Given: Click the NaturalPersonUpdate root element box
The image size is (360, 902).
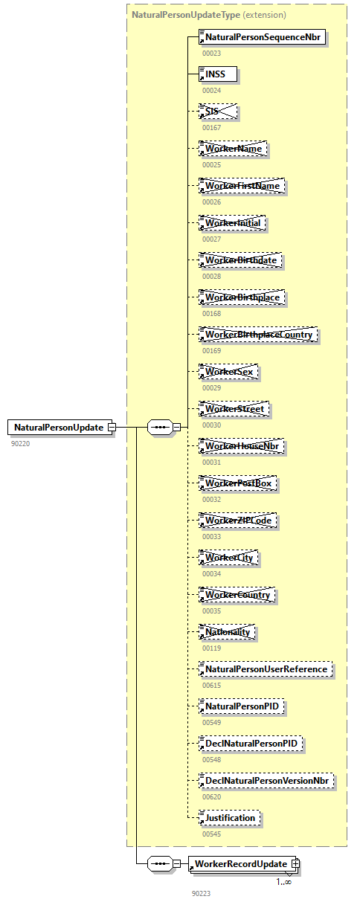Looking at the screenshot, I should coord(60,428).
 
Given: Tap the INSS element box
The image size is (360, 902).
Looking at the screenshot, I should coord(217,74).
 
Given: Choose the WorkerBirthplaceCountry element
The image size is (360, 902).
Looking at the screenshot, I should coord(257,335).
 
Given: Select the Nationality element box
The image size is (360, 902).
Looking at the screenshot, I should coord(227,632).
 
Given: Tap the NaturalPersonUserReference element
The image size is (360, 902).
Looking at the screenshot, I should coord(266,669).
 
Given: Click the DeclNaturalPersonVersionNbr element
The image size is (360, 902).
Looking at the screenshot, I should coord(266,781).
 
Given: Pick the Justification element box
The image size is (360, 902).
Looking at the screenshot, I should coord(229,818).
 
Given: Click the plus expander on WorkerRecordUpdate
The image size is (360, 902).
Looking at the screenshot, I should coord(296,863).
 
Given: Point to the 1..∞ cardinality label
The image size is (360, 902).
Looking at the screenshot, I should coord(284,882).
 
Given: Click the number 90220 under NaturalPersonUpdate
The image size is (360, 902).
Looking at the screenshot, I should coord(20,443).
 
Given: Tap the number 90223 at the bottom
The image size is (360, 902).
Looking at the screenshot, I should coord(201,893).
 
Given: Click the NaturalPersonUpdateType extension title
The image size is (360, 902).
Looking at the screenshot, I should coord(208,14).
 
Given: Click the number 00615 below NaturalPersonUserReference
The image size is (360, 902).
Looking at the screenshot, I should coord(211,685).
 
